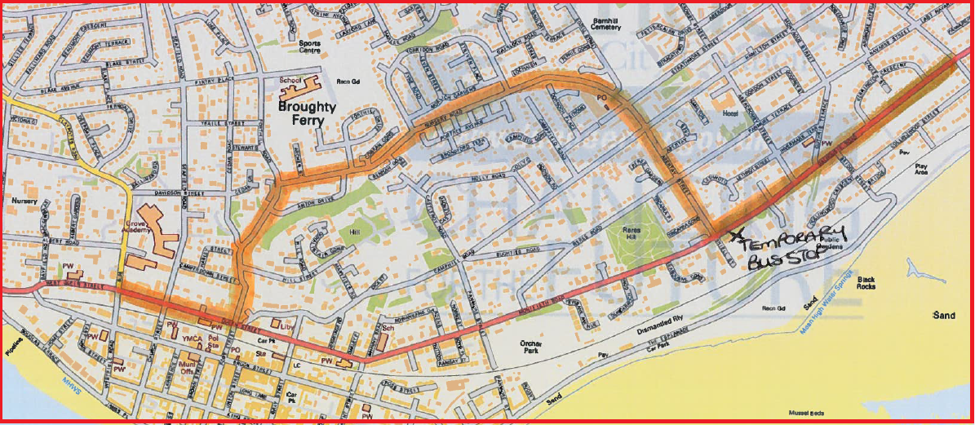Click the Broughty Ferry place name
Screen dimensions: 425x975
point(301,113)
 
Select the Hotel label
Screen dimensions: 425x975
point(730,113)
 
